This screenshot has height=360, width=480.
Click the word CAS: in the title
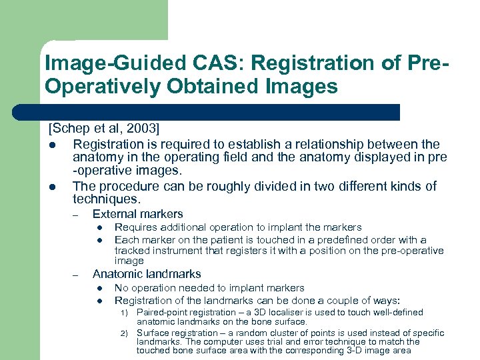coord(188,63)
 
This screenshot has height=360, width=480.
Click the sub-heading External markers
coord(137,214)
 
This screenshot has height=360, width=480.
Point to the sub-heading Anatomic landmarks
coord(146,274)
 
